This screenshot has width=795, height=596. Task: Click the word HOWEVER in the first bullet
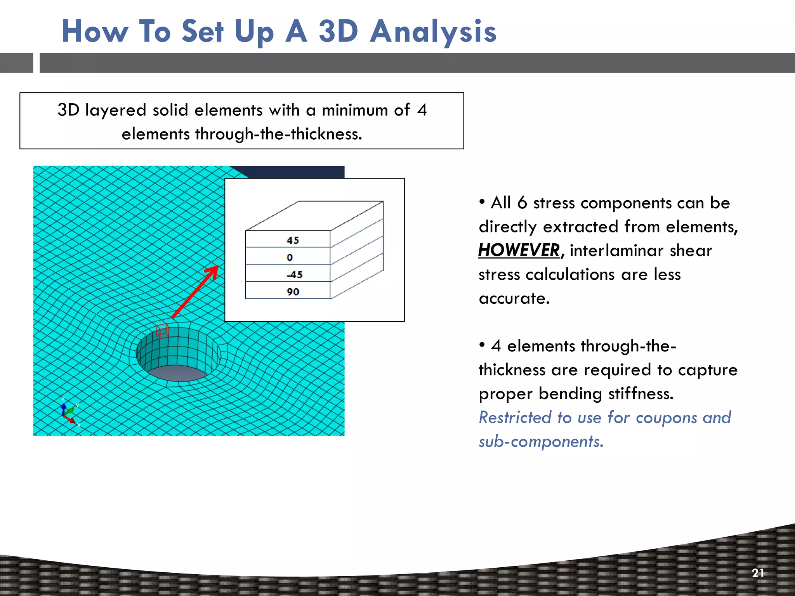click(519, 250)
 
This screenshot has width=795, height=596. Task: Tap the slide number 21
click(758, 573)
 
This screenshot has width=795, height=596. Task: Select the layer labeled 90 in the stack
click(288, 291)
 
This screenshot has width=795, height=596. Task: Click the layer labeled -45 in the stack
click(288, 274)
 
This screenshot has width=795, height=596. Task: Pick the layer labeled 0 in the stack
click(288, 256)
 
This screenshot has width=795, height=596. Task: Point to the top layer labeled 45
click(288, 240)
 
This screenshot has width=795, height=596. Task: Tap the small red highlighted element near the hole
click(162, 331)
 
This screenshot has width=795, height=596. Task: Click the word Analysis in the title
click(433, 32)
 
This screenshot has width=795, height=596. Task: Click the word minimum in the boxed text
click(355, 110)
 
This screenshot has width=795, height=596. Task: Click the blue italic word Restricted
click(514, 418)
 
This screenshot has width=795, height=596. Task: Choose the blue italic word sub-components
click(541, 442)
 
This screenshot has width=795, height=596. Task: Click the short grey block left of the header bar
click(16, 63)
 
